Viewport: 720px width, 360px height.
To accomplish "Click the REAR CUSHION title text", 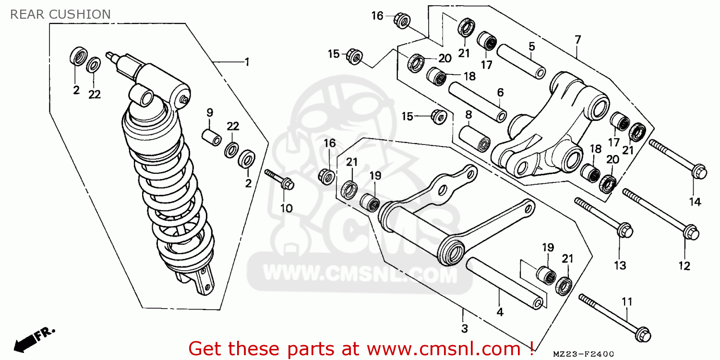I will (60, 14).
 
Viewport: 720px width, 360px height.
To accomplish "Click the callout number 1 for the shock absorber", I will (247, 62).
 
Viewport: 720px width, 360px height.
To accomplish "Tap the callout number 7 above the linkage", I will (577, 39).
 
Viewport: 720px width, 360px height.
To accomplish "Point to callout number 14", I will (695, 202).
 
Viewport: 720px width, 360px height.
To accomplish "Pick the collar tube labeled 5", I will (521, 61).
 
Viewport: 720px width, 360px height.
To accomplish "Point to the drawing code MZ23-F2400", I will (583, 354).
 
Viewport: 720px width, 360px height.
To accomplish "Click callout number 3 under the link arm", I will (465, 329).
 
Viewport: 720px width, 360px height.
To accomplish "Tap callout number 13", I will (620, 265).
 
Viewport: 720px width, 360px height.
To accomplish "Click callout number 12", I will (684, 266).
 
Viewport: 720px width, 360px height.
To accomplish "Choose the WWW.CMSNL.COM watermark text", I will (360, 276).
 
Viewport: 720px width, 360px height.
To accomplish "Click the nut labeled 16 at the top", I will (402, 20).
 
